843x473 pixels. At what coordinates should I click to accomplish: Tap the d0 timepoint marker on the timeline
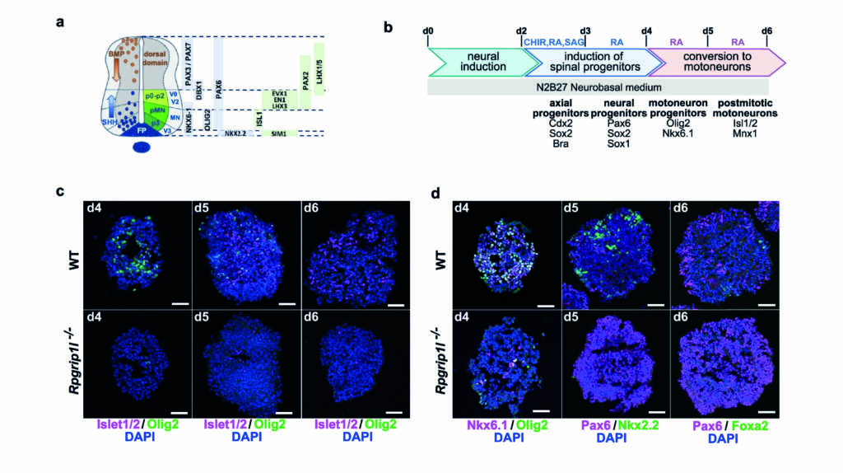pyautogui.click(x=427, y=30)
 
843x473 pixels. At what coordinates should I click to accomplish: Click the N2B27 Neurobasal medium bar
pyautogui.click(x=597, y=86)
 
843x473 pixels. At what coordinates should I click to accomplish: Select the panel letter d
pyautogui.click(x=435, y=194)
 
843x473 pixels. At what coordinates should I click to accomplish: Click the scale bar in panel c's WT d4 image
pyautogui.click(x=179, y=302)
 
